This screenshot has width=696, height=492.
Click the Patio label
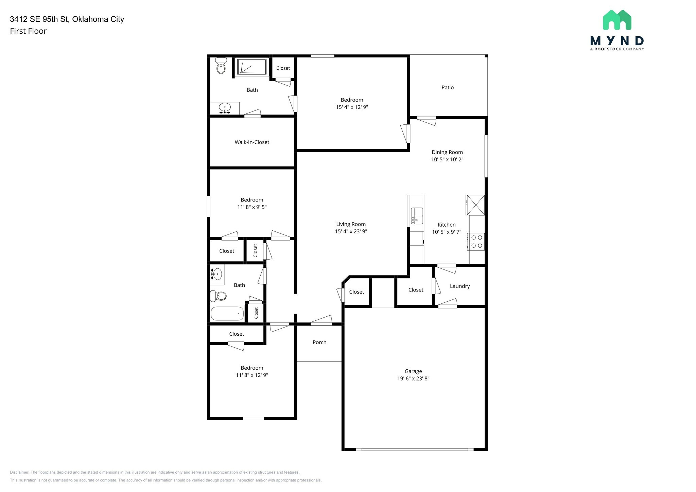tap(447, 88)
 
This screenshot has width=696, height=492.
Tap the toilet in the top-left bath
tap(221, 66)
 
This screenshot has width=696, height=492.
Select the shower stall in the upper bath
tap(251, 67)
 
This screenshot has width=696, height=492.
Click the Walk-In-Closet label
tap(252, 142)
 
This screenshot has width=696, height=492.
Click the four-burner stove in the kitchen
tap(476, 242)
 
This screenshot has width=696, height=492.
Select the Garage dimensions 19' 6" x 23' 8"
tap(413, 379)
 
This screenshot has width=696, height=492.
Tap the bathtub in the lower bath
tap(227, 313)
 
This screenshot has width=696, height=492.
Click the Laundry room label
tap(459, 286)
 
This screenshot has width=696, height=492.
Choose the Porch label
tap(319, 342)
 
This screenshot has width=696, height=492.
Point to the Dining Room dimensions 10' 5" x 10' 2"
tap(447, 159)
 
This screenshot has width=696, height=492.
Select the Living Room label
tap(351, 224)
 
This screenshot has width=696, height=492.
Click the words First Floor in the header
tap(28, 31)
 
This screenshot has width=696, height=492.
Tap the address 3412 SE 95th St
tap(39, 19)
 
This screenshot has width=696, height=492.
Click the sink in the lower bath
tap(216, 274)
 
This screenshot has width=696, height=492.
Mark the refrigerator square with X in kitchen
tap(475, 205)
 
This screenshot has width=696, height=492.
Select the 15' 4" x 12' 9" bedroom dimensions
tap(352, 107)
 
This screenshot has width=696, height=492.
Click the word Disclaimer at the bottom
tap(19, 472)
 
